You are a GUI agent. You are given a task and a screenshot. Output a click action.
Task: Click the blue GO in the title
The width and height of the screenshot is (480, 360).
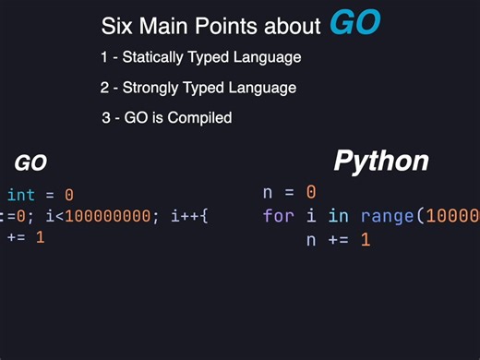coord(354,23)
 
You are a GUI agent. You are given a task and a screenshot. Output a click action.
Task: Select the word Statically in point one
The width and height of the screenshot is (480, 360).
coord(152,57)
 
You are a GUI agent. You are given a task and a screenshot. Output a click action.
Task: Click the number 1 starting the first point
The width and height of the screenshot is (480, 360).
coord(104,57)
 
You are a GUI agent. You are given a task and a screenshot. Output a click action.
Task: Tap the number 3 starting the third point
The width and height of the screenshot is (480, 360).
coord(106,118)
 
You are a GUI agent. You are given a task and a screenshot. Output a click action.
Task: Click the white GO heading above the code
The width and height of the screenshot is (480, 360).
coord(30,163)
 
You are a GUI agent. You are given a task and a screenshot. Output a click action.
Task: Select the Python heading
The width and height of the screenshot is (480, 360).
coord(380,161)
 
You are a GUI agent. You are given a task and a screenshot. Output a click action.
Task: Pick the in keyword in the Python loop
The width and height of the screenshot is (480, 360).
coord(339,216)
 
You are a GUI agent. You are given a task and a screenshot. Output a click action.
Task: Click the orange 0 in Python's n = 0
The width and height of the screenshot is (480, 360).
coord(311,193)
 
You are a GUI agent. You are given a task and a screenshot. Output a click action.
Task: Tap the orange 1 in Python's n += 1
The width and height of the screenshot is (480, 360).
coord(365,240)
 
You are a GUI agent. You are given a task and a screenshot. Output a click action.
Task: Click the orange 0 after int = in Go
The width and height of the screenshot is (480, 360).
coord(68,195)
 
